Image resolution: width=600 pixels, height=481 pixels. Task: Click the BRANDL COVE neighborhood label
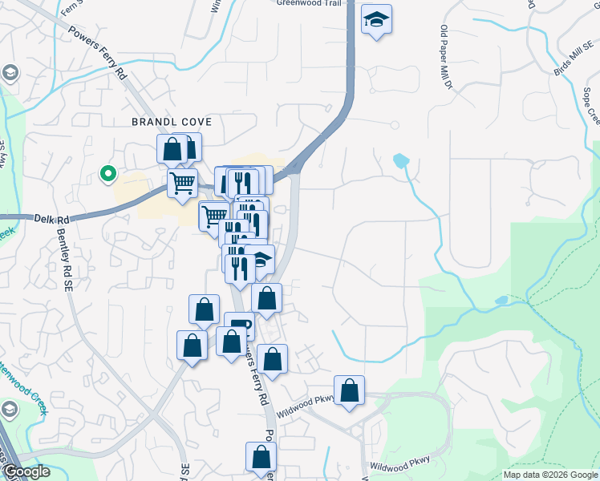click(172, 122)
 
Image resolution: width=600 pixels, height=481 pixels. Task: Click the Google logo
click(26, 471)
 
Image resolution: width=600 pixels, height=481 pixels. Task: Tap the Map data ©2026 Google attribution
click(549, 475)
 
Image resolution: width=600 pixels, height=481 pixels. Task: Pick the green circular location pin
click(107, 172)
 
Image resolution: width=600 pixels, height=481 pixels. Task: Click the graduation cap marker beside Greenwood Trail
click(375, 19)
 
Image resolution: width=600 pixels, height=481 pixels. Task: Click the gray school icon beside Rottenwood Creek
click(10, 410)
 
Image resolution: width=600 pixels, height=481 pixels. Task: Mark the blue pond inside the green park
click(501, 301)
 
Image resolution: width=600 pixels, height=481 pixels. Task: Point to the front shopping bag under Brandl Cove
click(172, 148)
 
